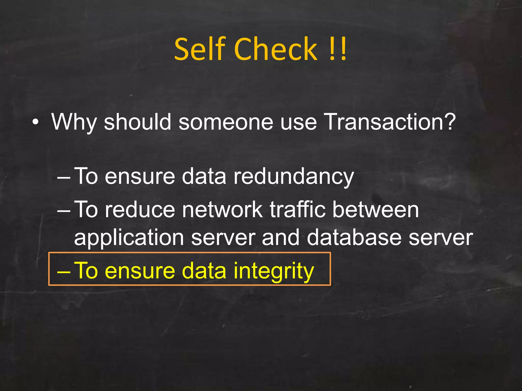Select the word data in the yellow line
tap(204, 271)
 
